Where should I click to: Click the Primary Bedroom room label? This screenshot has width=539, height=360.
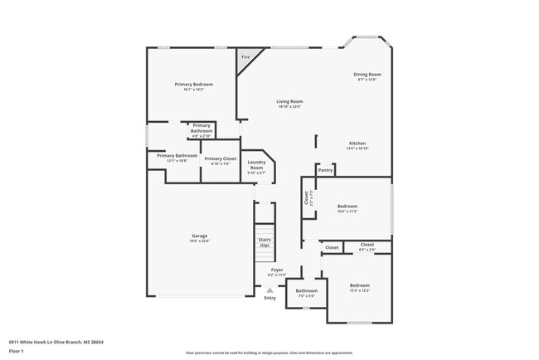click(193, 85)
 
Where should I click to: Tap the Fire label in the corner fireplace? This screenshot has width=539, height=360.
click(245, 57)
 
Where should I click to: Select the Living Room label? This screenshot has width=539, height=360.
click(289, 102)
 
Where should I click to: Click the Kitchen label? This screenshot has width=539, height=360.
click(357, 144)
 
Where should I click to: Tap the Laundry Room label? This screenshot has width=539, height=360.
click(256, 164)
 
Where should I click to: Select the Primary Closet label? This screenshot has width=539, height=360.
click(220, 158)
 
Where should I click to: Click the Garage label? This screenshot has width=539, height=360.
click(200, 236)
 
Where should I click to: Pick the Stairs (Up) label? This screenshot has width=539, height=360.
click(265, 242)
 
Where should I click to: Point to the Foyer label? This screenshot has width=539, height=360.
click(277, 270)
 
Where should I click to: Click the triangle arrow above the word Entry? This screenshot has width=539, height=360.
click(269, 289)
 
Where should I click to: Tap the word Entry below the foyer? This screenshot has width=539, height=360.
click(269, 297)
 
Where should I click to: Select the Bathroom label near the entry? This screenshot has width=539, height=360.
click(307, 291)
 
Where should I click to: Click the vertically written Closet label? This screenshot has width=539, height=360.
click(306, 198)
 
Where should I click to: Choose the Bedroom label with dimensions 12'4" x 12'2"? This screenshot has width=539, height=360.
click(359, 286)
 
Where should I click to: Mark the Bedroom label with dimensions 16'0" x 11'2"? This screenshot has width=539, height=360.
click(347, 206)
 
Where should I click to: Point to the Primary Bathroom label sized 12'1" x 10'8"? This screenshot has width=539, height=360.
click(177, 156)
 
